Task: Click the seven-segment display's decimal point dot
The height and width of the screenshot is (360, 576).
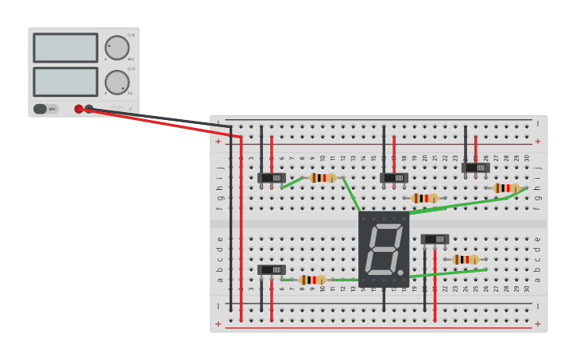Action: click(400, 273)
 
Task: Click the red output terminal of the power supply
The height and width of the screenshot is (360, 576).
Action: click(79, 109)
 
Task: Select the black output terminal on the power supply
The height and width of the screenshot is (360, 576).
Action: click(89, 109)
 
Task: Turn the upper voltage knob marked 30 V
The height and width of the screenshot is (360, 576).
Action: click(117, 48)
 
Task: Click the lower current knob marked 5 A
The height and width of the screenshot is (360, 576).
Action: click(117, 82)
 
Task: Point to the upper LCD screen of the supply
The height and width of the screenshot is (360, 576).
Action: click(65, 48)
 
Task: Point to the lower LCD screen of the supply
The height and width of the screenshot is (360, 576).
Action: click(65, 82)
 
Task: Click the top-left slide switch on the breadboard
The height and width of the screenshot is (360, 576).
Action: click(271, 178)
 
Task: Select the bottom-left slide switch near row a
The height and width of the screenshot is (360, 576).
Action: click(271, 270)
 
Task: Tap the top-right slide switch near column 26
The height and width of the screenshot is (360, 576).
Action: click(475, 168)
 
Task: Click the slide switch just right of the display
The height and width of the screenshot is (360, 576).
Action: click(435, 239)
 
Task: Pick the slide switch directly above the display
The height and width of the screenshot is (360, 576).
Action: click(393, 178)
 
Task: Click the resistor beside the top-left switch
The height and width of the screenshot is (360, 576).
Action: click(322, 178)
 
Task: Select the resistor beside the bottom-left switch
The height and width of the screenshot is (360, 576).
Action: click(312, 280)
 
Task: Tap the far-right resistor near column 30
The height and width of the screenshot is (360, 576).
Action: click(506, 188)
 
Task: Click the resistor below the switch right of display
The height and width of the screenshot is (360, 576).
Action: click(465, 260)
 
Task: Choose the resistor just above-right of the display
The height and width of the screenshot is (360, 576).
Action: click(424, 198)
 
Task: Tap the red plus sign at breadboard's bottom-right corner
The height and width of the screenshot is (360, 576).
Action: click(537, 323)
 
